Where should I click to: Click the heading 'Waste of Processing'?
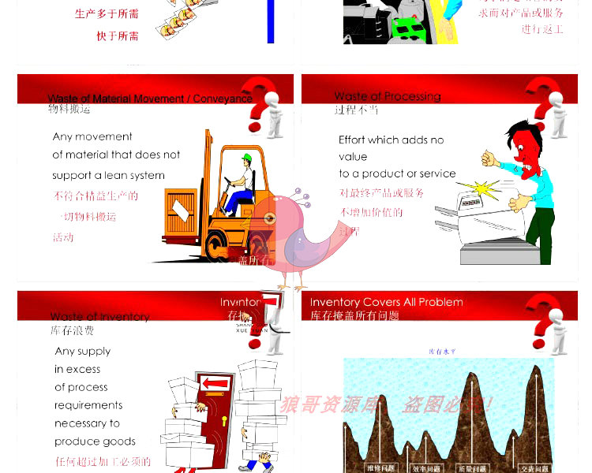coord(387,96)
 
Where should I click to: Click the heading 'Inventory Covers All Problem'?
coord(386,302)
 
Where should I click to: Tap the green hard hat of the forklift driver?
coord(247,158)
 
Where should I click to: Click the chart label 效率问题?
coord(425,468)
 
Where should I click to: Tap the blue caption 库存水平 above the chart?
coord(442,352)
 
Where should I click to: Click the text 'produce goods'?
coord(95,441)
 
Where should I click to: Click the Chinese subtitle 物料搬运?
coord(69,110)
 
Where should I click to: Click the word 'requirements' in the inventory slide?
coord(88,405)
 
